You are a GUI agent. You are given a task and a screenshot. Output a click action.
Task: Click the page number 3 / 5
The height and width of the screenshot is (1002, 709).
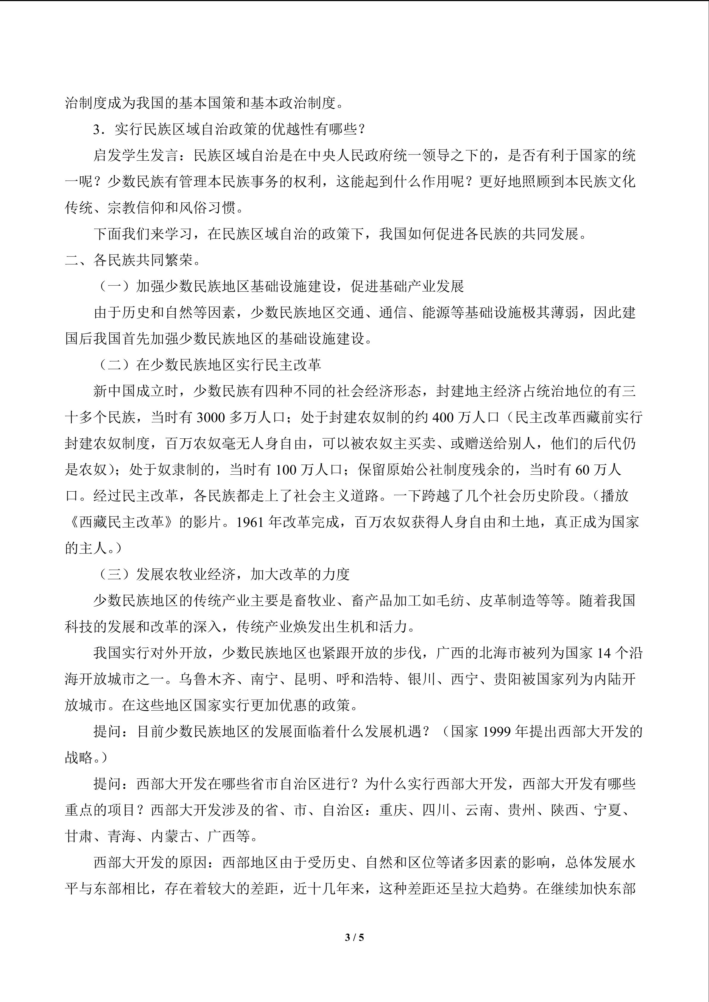pos(354,937)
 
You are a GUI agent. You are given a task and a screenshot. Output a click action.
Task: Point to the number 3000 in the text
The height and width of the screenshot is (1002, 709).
pos(211,418)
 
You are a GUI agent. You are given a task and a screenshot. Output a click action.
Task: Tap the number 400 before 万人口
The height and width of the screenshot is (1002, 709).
pos(445,418)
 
